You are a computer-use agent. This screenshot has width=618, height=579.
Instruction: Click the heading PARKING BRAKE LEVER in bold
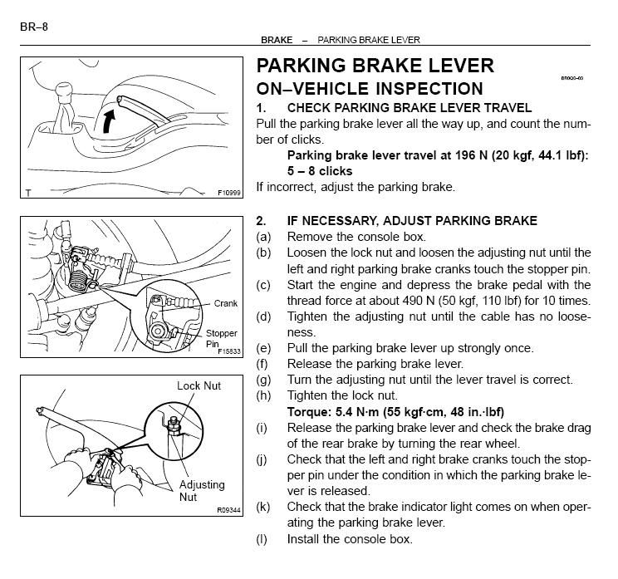point(375,66)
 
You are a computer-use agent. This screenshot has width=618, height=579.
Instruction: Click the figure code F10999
point(228,192)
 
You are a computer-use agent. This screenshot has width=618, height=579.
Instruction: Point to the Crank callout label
point(225,304)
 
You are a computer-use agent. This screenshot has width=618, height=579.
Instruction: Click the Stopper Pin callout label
point(221,338)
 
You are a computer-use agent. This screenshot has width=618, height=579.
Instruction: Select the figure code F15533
point(228,351)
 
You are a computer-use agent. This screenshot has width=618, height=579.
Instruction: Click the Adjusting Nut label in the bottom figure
point(199,488)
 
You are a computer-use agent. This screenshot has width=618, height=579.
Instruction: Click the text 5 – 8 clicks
point(320,171)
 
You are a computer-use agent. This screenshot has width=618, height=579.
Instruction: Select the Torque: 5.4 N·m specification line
point(395,412)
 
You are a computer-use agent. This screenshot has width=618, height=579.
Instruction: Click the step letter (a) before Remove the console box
point(263,237)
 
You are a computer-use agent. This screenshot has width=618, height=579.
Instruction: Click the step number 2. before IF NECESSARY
point(261,221)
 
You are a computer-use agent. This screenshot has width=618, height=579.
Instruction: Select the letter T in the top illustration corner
point(28,193)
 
